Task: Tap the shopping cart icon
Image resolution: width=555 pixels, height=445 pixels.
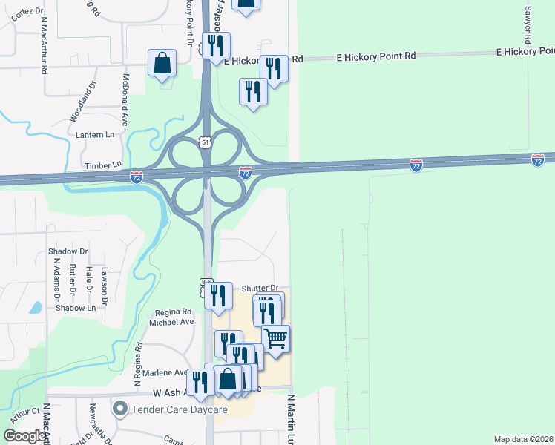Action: pos(276,339)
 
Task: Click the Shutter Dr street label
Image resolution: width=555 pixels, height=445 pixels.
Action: pos(260,288)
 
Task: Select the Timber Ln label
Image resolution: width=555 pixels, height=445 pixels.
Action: pos(102,165)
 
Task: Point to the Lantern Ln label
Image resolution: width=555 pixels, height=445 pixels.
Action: pos(96,135)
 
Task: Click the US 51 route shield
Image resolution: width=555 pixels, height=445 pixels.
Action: pos(205,142)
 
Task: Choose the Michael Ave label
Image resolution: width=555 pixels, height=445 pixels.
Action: pos(171,322)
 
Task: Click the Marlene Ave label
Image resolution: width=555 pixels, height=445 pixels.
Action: pos(170,372)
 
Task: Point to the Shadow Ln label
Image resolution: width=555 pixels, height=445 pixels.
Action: pos(75,308)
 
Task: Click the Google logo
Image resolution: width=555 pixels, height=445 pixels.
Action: pos(24,435)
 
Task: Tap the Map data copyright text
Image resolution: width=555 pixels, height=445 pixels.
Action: pos(523,439)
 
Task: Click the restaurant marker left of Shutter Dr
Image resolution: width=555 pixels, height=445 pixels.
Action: pos(218,295)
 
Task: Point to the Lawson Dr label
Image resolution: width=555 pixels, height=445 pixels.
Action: pos(105,284)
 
